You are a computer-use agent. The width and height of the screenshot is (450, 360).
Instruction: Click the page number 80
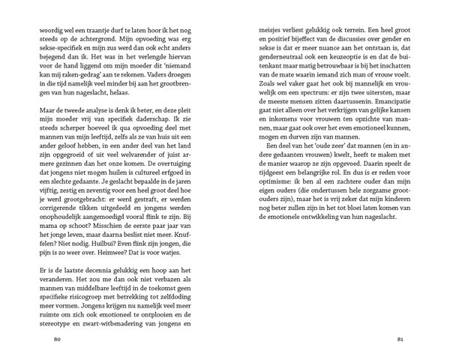(57, 339)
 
